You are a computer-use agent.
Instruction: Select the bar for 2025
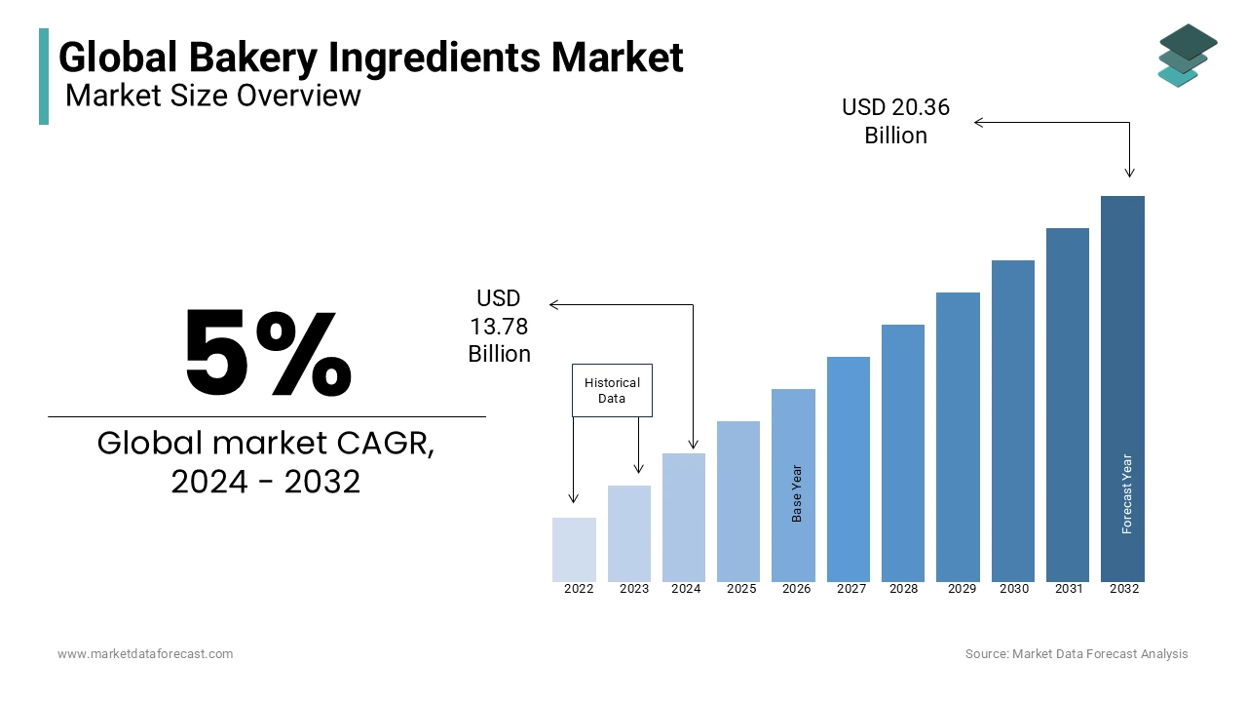[x=738, y=501]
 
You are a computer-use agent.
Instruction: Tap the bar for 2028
[x=903, y=452]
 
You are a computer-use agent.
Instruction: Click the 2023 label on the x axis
[x=633, y=589]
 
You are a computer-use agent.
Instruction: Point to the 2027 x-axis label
[x=850, y=589]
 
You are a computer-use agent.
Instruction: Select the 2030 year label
[x=1014, y=589]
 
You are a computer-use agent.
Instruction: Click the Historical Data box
[x=612, y=391]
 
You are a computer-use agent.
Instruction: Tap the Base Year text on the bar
[x=797, y=493]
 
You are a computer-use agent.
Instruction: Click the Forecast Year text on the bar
[x=1127, y=494]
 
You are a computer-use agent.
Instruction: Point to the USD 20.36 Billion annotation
[x=895, y=121]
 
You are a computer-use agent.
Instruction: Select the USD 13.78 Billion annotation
[x=499, y=326]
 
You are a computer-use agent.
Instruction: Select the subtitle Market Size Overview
[x=213, y=96]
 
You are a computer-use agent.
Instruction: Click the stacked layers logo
[x=1187, y=56]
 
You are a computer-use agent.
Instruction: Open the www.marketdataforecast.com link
[x=145, y=654]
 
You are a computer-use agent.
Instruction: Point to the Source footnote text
[x=1077, y=654]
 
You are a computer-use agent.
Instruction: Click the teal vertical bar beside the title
[x=44, y=76]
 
